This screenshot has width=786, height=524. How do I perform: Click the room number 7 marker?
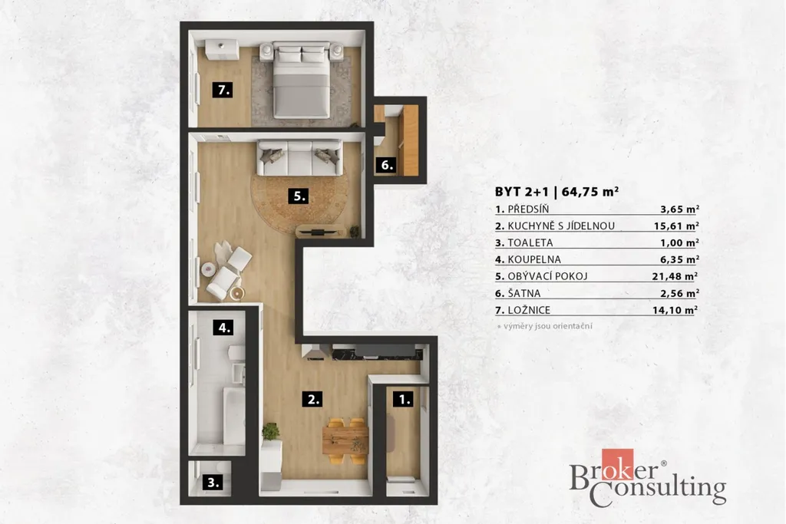coord(223,91)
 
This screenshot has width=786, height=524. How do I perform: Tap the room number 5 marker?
coord(299,196)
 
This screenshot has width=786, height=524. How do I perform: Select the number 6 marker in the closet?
coord(387,165)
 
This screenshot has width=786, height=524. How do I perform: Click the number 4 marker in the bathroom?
coord(223,328)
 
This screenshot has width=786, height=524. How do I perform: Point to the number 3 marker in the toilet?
coord(213,483)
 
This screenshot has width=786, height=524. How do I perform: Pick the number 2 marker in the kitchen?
coord(312,399)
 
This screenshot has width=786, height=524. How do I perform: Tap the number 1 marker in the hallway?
coord(403,399)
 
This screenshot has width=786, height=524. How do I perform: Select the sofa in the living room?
coord(300,158)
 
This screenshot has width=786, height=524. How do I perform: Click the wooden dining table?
coord(345,440)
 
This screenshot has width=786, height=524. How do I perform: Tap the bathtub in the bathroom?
coord(234,415)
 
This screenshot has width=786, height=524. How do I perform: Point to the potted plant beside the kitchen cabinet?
coord(271,431)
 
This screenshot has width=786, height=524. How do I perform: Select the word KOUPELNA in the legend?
coord(534,259)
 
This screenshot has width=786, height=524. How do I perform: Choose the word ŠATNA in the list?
coord(523,292)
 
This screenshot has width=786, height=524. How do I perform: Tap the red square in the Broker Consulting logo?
coord(617,464)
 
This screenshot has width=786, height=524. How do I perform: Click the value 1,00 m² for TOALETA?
coord(679,242)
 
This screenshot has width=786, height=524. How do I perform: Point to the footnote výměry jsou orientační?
coord(547,326)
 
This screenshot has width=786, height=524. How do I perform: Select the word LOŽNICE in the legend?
coord(529,310)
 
